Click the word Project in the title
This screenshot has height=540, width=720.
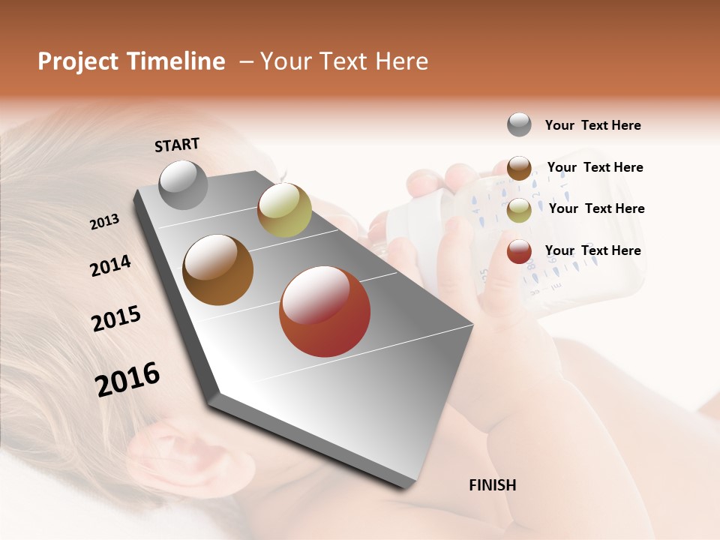click(x=79, y=61)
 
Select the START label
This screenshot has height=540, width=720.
click(x=177, y=145)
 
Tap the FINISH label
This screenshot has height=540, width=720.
click(x=492, y=485)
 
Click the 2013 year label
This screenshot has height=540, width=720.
click(x=104, y=222)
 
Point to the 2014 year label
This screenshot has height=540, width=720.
click(x=110, y=265)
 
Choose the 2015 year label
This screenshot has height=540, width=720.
click(x=116, y=319)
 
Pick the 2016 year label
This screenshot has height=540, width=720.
click(x=127, y=379)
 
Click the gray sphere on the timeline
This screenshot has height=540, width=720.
click(x=183, y=184)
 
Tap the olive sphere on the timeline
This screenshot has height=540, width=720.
click(x=284, y=210)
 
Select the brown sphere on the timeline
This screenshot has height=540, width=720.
click(x=217, y=270)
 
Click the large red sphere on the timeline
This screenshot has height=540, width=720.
click(x=325, y=311)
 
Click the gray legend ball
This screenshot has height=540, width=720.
click(x=519, y=124)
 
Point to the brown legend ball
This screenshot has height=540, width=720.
click(x=519, y=168)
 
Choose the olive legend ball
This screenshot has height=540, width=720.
click(x=519, y=210)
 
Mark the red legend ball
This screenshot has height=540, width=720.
click(x=519, y=251)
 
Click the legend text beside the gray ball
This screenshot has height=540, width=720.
click(x=592, y=126)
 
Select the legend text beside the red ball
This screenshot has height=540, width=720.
click(x=592, y=250)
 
